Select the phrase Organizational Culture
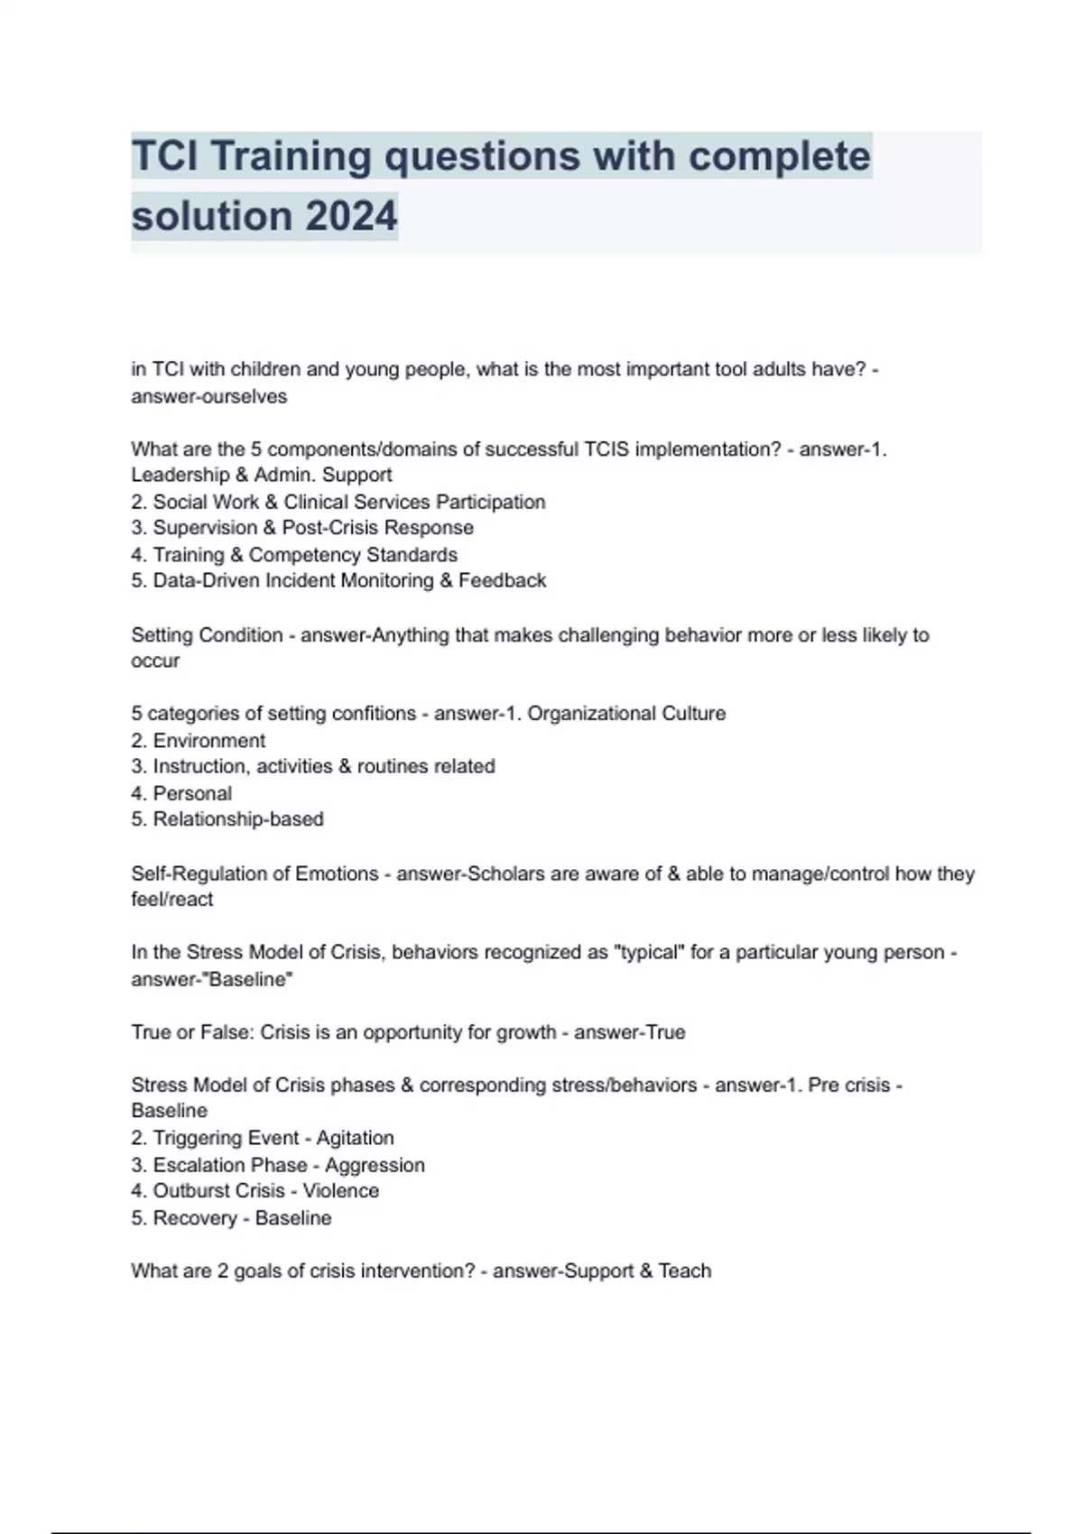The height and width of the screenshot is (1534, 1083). (x=626, y=714)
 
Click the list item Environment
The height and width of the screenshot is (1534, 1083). (x=208, y=741)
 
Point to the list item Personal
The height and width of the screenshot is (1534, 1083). (x=192, y=793)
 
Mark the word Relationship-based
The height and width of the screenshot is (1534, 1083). (x=238, y=819)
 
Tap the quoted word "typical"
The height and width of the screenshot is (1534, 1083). (x=649, y=952)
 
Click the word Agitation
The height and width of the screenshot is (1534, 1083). (x=355, y=1138)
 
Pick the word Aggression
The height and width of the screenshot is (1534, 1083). (x=375, y=1165)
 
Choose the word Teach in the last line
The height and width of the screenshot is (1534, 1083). (x=685, y=1271)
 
